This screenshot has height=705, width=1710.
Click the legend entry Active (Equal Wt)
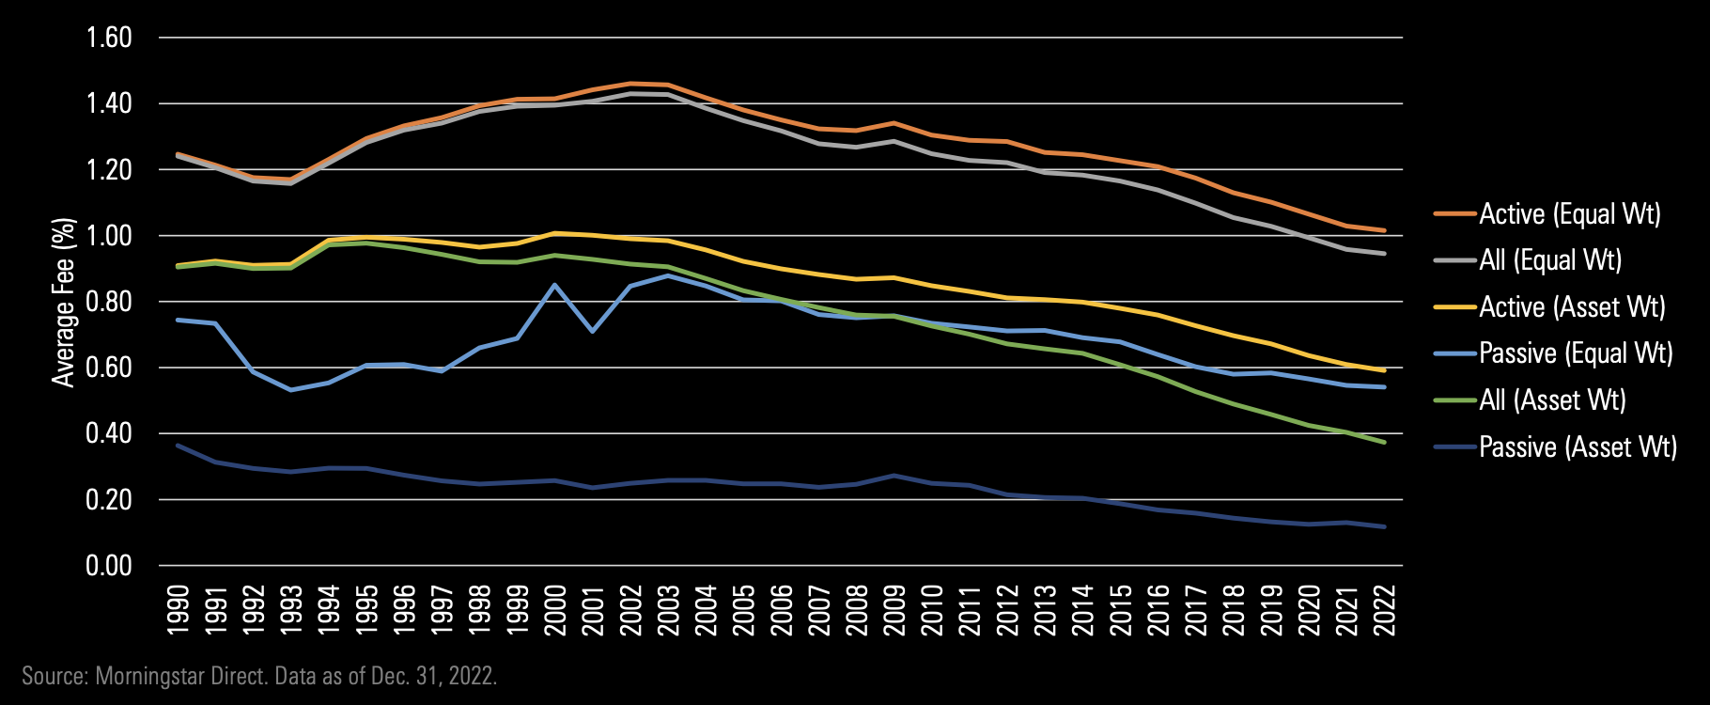1569,214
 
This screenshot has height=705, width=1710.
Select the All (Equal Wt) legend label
1550,260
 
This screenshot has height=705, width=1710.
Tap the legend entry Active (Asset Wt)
1572,307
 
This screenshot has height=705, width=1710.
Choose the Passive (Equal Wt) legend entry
1576,353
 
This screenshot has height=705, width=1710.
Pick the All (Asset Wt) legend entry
1552,400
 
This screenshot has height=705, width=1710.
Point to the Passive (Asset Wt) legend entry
1578,446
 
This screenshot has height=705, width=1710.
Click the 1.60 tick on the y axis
109,38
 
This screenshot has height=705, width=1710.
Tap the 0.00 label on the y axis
109,566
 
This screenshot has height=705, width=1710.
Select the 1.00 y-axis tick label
109,236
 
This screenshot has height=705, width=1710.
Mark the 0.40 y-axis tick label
109,433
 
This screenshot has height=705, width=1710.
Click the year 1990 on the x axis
179,610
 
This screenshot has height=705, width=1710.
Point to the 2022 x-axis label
1385,610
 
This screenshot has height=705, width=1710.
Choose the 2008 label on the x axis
857,610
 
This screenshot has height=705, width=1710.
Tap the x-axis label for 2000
555,610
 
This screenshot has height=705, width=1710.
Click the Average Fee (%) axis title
63,302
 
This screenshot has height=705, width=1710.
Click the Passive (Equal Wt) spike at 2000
555,285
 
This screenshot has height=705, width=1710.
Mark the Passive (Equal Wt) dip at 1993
291,389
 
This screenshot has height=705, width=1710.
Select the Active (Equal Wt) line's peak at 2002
630,84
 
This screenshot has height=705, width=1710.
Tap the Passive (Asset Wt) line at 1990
179,446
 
